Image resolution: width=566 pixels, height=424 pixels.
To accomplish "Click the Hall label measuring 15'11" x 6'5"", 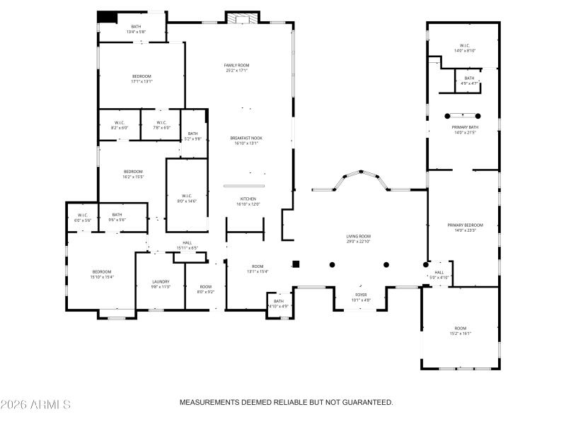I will (187, 245).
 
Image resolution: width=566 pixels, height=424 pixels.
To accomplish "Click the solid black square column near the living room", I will (296, 264).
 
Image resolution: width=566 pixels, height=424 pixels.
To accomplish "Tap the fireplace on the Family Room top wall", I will (237, 17).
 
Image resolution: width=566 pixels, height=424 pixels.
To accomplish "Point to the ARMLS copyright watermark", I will (35, 404).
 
